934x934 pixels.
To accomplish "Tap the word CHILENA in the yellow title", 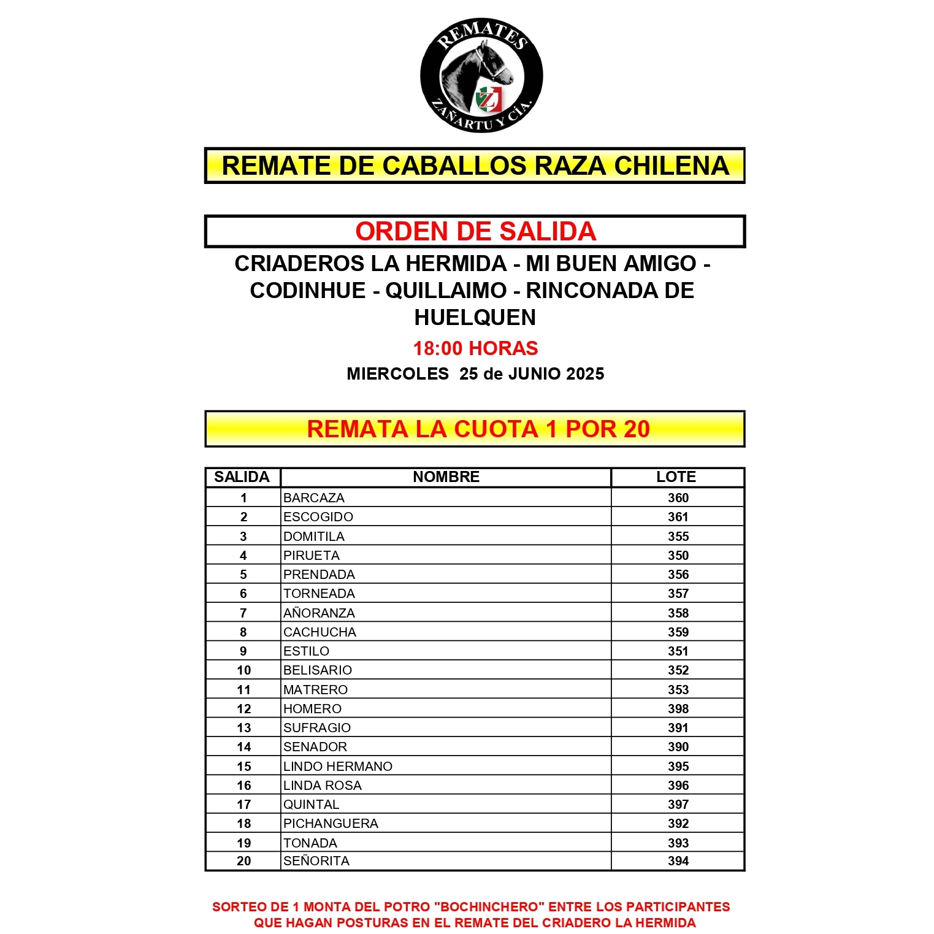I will (x=672, y=166).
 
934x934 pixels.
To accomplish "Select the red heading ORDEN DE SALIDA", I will (x=475, y=232).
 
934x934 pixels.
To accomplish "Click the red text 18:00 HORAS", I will (x=475, y=348).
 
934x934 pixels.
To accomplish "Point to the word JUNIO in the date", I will (x=533, y=374).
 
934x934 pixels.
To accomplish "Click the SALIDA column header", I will (x=242, y=477).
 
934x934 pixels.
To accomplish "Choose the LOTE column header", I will (x=676, y=477).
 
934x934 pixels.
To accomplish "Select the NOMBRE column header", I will (x=446, y=477).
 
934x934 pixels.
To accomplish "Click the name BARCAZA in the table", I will (x=314, y=498).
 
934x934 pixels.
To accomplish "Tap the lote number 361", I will (x=678, y=517).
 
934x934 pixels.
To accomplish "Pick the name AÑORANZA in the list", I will (x=319, y=613).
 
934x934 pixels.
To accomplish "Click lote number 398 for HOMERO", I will (x=678, y=709).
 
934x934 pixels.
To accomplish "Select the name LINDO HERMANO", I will (x=338, y=767).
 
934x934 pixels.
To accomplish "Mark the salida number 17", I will (x=243, y=805).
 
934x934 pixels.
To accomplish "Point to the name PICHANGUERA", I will (x=331, y=824).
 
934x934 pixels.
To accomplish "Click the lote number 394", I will (x=678, y=861).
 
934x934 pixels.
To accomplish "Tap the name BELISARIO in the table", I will (x=318, y=670).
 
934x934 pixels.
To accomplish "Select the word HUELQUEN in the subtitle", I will (x=475, y=318).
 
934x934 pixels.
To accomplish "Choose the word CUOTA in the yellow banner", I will (x=496, y=429).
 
